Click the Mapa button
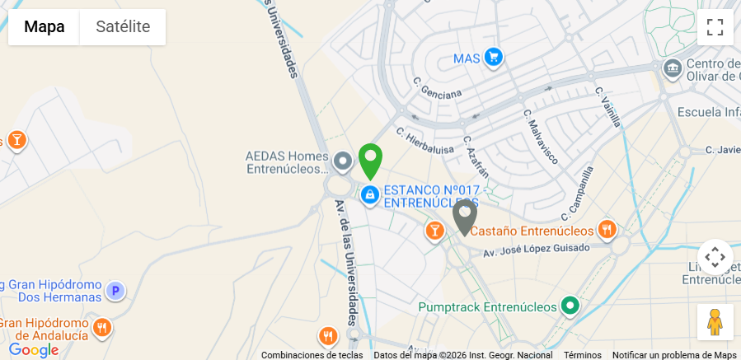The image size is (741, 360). [44, 27]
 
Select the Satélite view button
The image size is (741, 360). [123, 27]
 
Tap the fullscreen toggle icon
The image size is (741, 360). [715, 27]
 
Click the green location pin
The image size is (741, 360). [370, 160]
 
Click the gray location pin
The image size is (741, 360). [465, 216]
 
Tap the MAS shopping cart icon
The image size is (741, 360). [493, 57]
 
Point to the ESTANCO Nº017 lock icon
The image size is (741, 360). [369, 195]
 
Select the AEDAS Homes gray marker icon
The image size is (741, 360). [344, 160]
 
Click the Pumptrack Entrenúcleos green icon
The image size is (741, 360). [570, 306]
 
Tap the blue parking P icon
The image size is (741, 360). [116, 290]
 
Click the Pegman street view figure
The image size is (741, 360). [715, 322]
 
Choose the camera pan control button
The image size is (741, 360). [715, 257]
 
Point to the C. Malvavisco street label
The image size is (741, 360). [540, 135]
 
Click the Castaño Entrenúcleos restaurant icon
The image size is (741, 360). [607, 230]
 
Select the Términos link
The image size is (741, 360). [582, 355]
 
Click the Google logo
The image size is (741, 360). [33, 350]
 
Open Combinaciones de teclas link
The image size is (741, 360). [312, 355]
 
